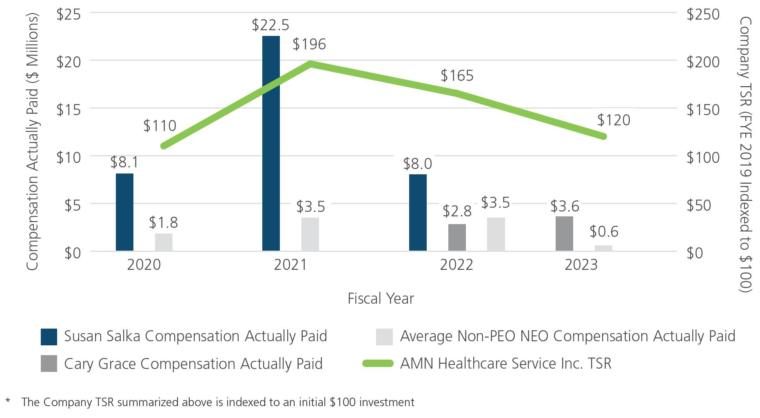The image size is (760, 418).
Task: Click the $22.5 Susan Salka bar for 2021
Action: (271, 143)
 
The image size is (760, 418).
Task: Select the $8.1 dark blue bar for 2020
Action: (124, 212)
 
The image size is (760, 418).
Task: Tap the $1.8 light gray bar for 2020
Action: (164, 242)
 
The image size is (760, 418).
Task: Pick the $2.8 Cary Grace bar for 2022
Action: (457, 237)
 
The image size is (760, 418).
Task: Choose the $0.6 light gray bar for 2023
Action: (603, 248)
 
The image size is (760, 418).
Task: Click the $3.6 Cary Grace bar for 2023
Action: (564, 233)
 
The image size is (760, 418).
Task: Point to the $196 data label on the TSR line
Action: (309, 44)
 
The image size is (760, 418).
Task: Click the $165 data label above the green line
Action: (457, 76)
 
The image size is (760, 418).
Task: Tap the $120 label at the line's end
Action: (614, 120)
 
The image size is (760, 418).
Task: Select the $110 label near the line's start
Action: (160, 126)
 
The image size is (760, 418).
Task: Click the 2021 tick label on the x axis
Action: (290, 265)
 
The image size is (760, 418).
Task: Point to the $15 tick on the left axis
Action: (68, 109)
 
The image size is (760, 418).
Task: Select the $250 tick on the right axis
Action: (703, 14)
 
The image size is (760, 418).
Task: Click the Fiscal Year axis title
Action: (381, 299)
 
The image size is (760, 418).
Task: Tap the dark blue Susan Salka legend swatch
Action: (49, 337)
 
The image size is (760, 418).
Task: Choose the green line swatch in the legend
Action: (378, 364)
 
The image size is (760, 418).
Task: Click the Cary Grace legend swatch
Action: (49, 364)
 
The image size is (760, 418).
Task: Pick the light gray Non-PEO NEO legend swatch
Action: (384, 337)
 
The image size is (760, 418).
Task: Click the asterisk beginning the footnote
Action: (8, 400)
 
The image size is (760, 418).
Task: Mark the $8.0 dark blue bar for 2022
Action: (418, 212)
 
